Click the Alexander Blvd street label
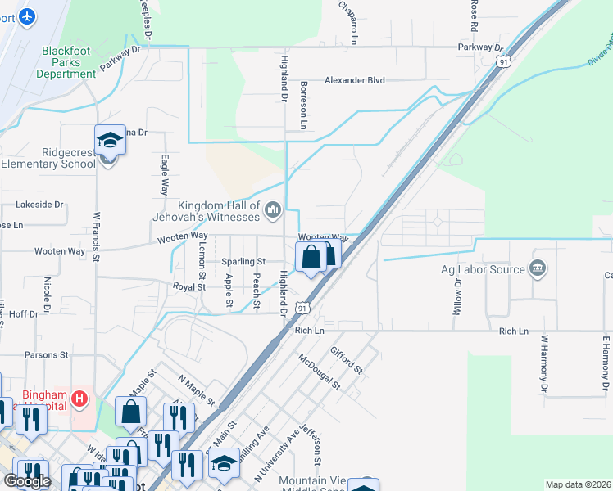click(x=354, y=80)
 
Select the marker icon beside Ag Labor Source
click(x=538, y=268)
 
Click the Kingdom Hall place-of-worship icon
click(x=272, y=212)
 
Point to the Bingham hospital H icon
click(x=79, y=399)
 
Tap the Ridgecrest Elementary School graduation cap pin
click(x=109, y=141)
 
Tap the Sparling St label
click(x=244, y=261)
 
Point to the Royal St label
click(x=188, y=286)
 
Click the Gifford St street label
click(x=347, y=359)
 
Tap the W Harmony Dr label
click(x=543, y=361)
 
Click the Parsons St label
click(x=46, y=355)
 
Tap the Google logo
click(x=27, y=481)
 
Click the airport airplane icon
click(x=28, y=16)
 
